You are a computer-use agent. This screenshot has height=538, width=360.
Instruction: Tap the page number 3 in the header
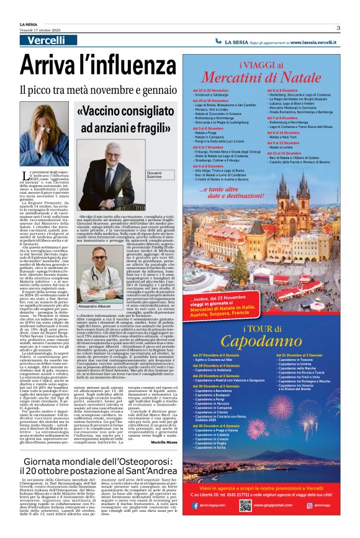(338, 27)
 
